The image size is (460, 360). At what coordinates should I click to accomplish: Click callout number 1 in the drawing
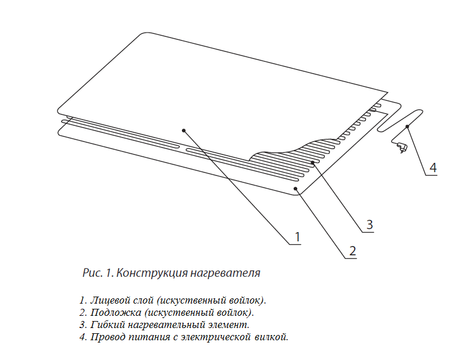click(x=298, y=237)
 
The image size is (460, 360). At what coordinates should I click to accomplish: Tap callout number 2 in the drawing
click(x=352, y=251)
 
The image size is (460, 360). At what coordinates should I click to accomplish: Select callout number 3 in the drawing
click(x=370, y=224)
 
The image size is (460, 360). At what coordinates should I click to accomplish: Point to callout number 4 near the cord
click(x=433, y=168)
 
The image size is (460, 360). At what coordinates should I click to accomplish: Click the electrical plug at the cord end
click(x=401, y=147)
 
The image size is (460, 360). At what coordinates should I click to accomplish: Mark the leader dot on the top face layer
click(x=184, y=130)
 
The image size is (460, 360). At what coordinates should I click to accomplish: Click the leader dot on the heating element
click(x=313, y=162)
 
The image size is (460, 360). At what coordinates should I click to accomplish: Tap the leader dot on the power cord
click(x=407, y=126)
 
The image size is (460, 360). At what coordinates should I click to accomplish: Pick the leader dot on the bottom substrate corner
click(x=295, y=188)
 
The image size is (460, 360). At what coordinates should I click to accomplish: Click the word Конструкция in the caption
click(x=152, y=273)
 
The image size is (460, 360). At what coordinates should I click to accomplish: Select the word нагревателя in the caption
click(x=225, y=273)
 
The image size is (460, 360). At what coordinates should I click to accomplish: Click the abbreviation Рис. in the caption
click(x=92, y=273)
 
